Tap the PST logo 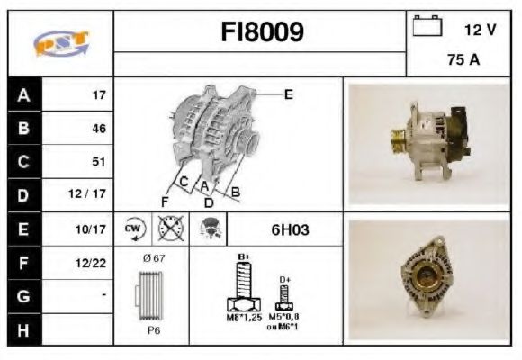tap(60, 43)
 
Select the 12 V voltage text tap(480, 30)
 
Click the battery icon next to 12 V tap(427, 26)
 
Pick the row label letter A tap(22, 94)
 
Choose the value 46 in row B tap(98, 129)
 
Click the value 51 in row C tap(98, 162)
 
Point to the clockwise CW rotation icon tap(133, 229)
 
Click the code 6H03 tap(290, 229)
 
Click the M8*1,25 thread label tap(241, 318)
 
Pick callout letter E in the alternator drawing tap(289, 94)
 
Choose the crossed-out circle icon tap(168, 229)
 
